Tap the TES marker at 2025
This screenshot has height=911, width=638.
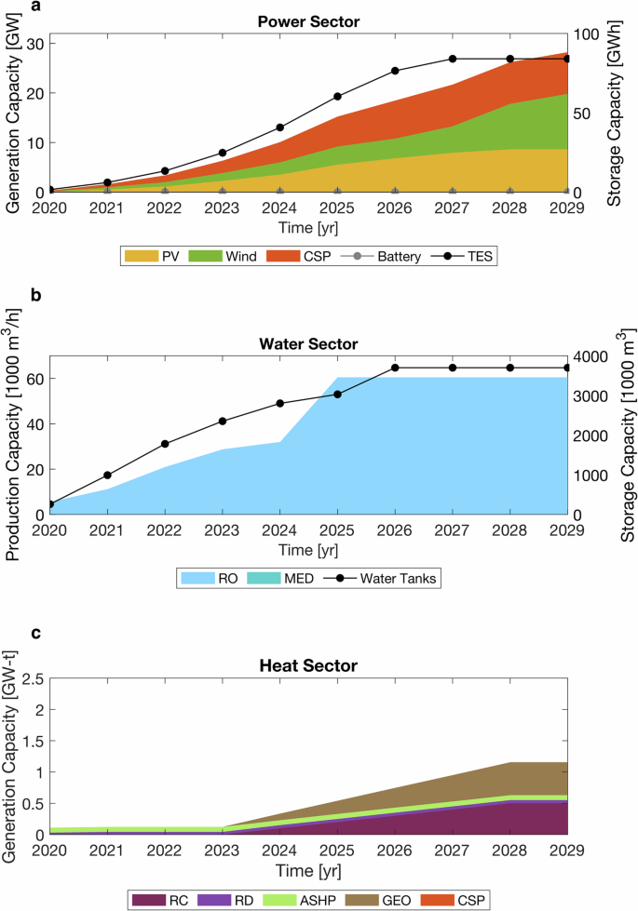tap(338, 97)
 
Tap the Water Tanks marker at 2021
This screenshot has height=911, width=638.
tap(107, 476)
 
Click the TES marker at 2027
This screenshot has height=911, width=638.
tap(453, 59)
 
